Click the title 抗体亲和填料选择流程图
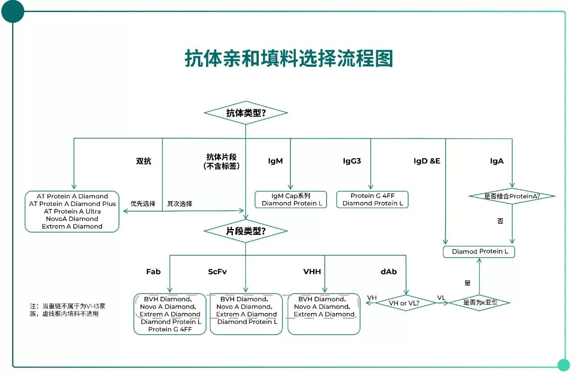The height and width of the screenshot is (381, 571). click(289, 58)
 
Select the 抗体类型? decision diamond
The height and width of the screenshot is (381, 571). click(245, 113)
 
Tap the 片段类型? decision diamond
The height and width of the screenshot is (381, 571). click(245, 231)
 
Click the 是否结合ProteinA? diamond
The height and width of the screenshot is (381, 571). click(512, 196)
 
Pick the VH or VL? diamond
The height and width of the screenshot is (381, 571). click(406, 303)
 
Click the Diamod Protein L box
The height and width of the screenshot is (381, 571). click(479, 251)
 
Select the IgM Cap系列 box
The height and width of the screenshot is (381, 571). click(290, 200)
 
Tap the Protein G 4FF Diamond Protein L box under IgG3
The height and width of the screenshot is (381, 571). click(372, 200)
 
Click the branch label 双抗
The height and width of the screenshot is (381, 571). click(144, 161)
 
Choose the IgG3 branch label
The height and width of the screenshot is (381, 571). click(352, 161)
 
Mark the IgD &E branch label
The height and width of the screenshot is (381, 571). click(427, 161)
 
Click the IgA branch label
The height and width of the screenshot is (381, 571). click(497, 161)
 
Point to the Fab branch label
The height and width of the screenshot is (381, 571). click(153, 272)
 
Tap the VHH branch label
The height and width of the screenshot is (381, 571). click(312, 272)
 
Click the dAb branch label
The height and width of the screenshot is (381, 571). click(389, 272)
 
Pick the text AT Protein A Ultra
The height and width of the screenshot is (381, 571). click(72, 211)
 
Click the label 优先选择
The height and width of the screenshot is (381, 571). click(143, 204)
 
